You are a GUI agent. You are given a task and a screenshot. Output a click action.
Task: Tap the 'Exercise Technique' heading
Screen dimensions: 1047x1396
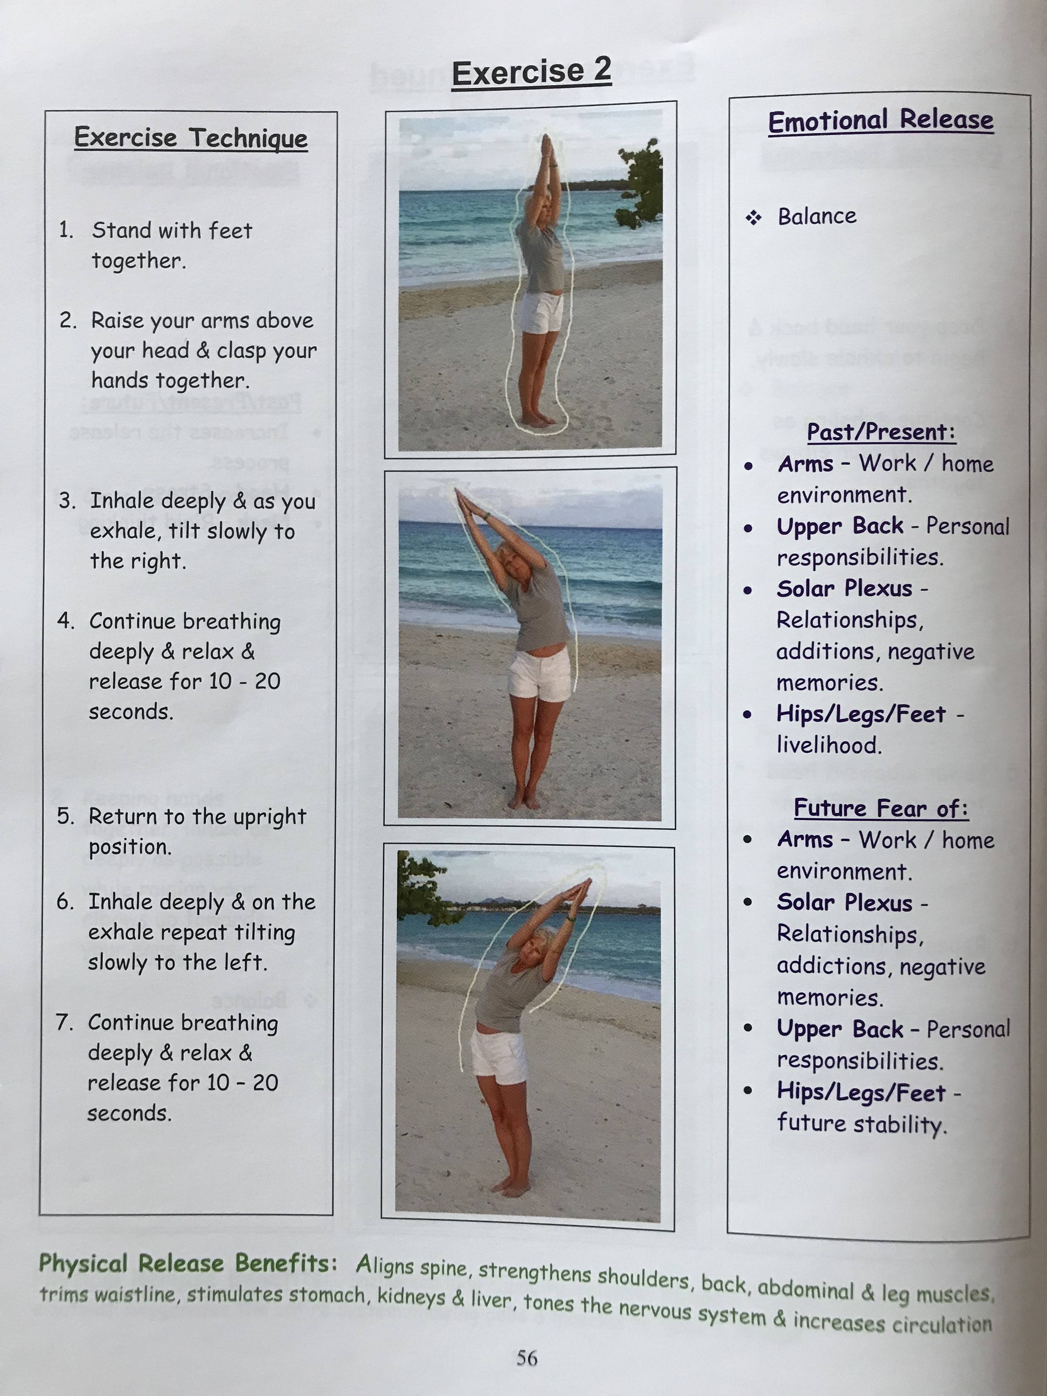click(190, 137)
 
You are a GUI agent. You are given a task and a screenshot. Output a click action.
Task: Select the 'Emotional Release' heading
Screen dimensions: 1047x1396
click(880, 120)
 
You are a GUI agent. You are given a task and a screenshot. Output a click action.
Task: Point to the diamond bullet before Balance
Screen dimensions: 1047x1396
click(753, 218)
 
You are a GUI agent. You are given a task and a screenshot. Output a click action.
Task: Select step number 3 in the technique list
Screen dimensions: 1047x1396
click(67, 500)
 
